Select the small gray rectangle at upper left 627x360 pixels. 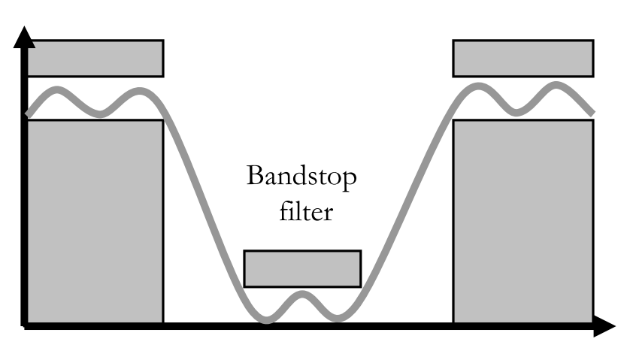[x=95, y=58]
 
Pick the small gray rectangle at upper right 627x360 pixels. [x=522, y=58]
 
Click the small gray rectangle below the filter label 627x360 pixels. [x=302, y=268]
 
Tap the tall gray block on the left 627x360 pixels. [x=95, y=221]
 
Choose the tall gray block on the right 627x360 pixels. [x=522, y=221]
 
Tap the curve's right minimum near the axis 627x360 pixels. [x=338, y=319]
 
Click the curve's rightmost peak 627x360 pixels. [x=558, y=85]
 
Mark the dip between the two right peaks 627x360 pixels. [x=516, y=112]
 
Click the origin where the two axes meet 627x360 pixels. [x=26, y=325]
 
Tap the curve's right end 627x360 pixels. [x=592, y=113]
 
